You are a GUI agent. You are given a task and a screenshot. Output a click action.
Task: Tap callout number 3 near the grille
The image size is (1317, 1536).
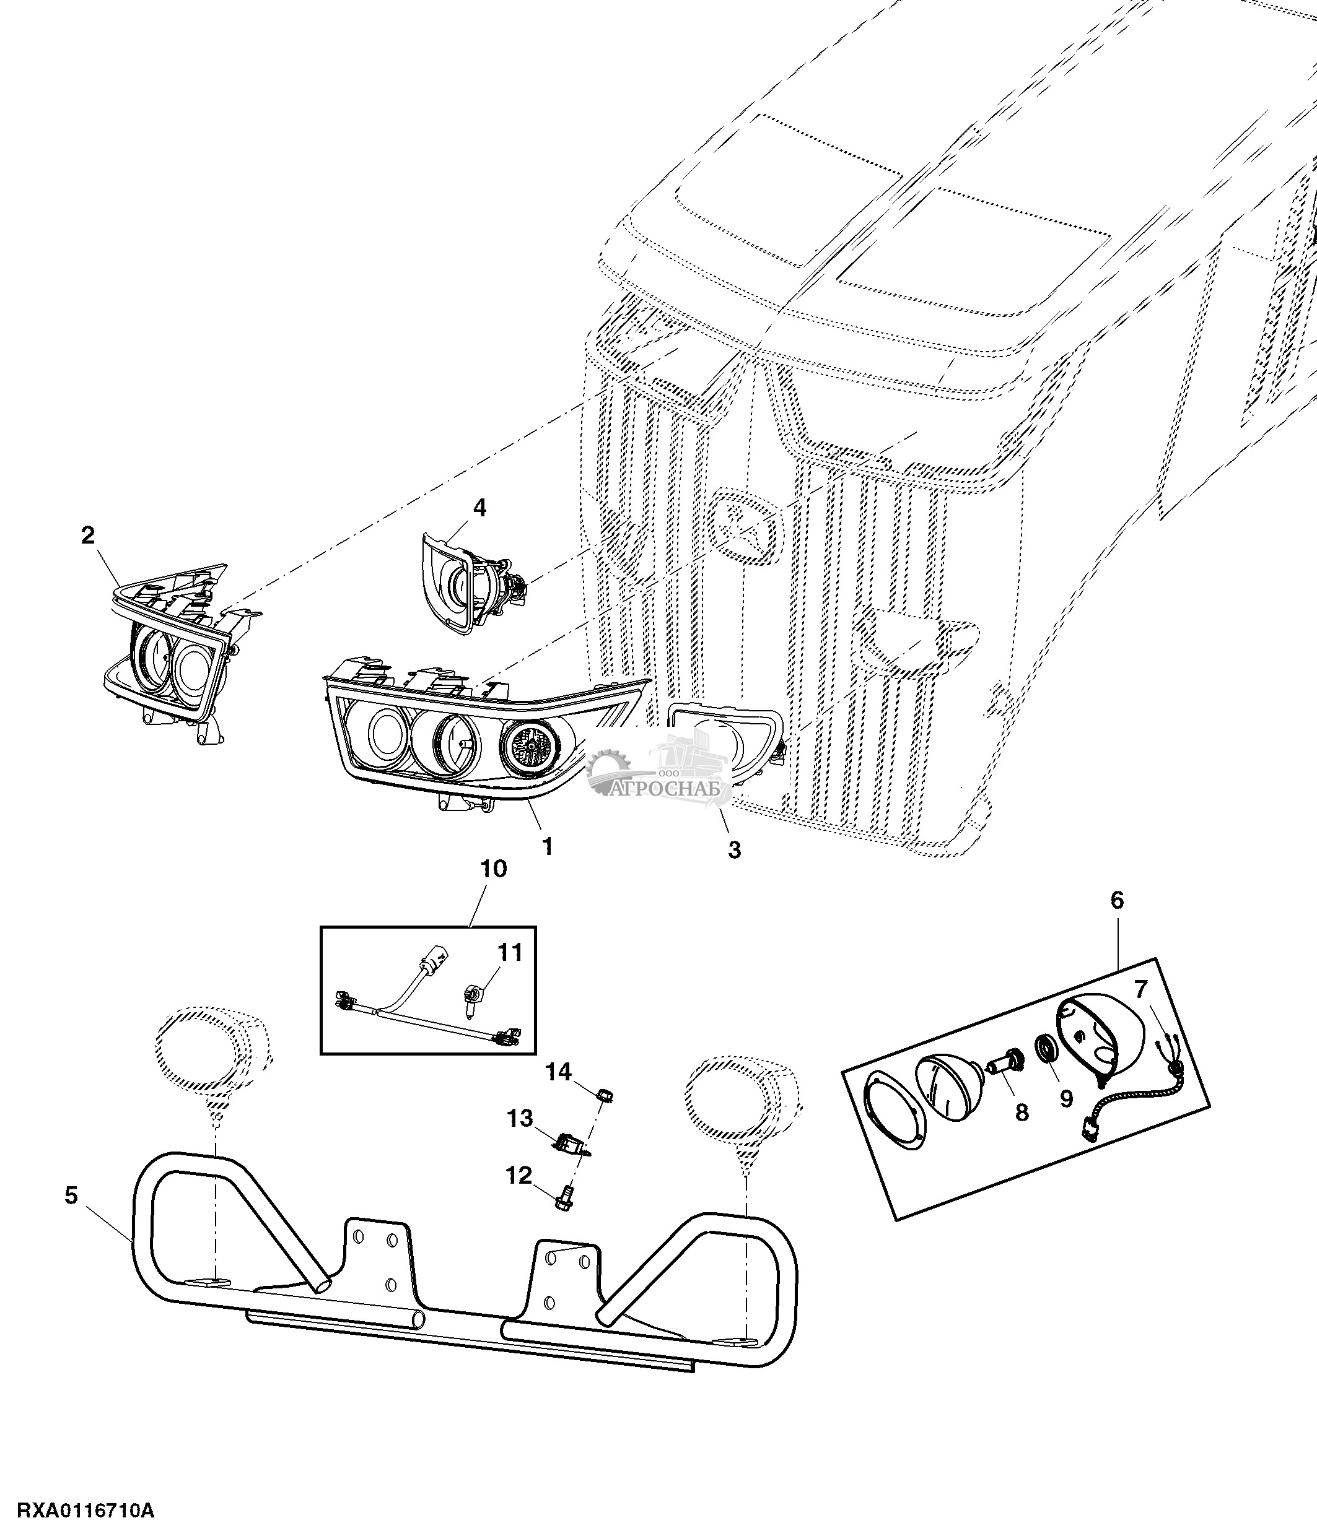point(733,849)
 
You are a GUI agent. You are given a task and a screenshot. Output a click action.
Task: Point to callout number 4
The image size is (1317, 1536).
point(480,508)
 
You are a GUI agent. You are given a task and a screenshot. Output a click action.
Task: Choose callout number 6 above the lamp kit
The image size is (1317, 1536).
point(1117,900)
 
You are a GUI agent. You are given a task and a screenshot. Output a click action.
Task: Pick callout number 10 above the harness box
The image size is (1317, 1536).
point(494,868)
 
